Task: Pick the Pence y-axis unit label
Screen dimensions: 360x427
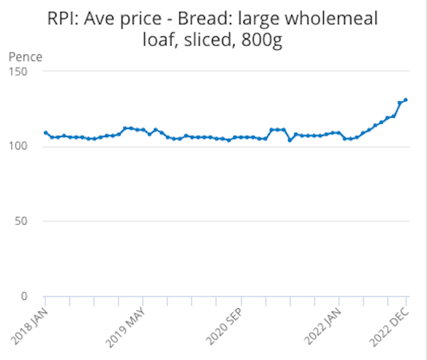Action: tap(25, 57)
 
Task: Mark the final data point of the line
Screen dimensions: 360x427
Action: tap(406, 100)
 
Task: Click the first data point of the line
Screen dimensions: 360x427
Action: tap(45, 133)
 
